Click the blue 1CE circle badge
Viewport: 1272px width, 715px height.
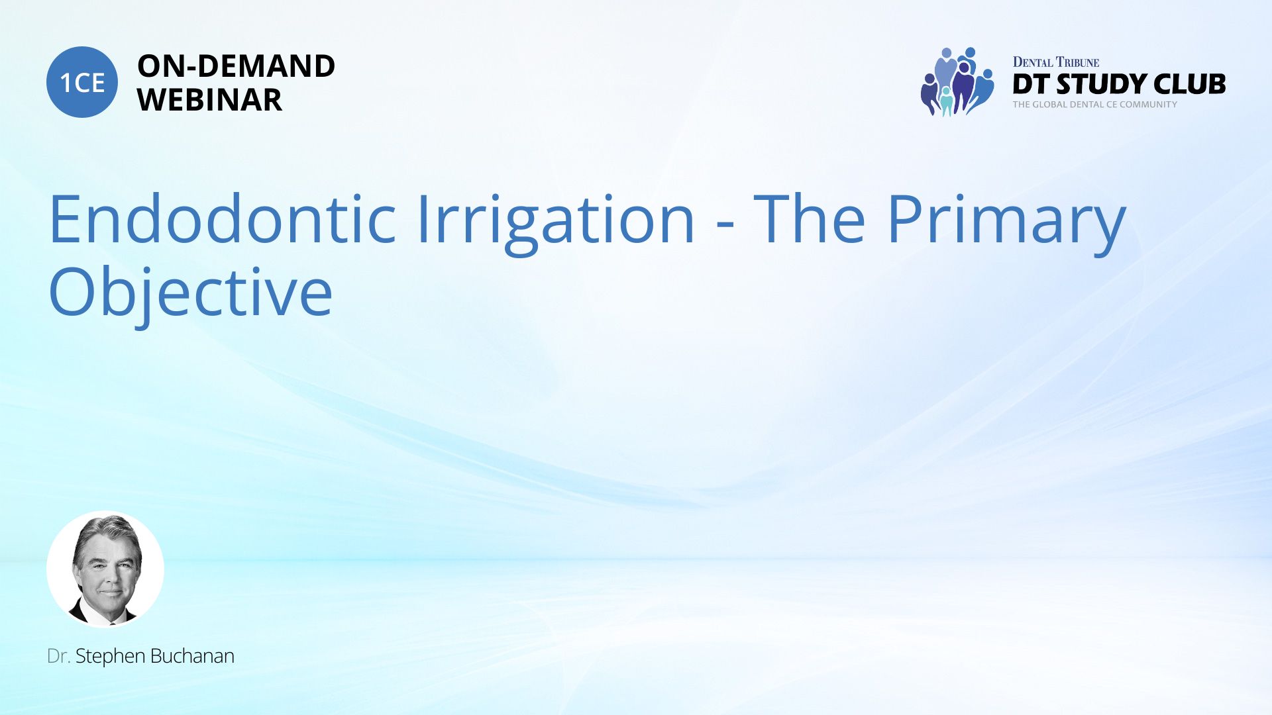tap(82, 82)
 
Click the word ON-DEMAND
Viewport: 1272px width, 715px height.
tap(236, 66)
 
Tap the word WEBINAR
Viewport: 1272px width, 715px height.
tap(209, 100)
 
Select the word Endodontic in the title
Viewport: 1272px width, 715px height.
tap(223, 218)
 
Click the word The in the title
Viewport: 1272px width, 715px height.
tap(809, 218)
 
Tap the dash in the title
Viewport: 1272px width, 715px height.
tap(725, 227)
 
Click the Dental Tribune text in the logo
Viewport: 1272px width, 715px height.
tap(1056, 62)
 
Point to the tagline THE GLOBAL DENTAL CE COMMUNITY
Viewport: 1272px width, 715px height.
tap(1095, 105)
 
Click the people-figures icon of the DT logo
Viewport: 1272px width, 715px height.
tap(957, 81)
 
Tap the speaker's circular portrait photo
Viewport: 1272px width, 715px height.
tap(105, 569)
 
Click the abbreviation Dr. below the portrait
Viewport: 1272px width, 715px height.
tap(59, 656)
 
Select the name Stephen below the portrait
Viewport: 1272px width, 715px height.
tap(110, 657)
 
